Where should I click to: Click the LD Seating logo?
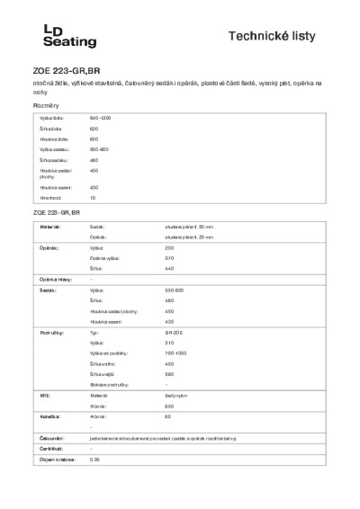coord(57,36)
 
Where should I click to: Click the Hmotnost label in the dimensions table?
coord(50,197)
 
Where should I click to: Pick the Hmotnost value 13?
coord(93,197)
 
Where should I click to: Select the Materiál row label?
coord(49,228)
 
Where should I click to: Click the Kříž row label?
coord(44,394)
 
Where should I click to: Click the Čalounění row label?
coord(50,437)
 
